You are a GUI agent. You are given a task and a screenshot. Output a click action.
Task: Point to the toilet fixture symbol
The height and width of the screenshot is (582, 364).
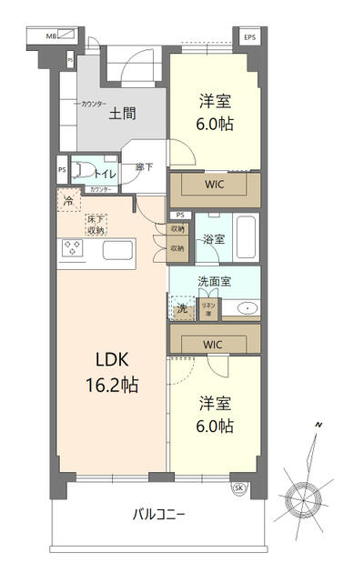(x=81, y=169)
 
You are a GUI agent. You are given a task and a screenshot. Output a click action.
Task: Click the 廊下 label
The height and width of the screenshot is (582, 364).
(x=144, y=166)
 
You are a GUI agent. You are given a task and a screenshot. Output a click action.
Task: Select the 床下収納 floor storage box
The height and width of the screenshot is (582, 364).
(x=96, y=225)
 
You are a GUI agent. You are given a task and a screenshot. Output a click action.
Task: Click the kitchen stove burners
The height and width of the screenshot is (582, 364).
(x=72, y=247)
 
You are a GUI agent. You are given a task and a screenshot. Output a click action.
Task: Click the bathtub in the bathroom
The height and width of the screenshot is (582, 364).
(x=246, y=237)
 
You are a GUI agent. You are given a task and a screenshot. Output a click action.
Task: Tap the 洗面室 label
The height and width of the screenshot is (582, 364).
(x=214, y=281)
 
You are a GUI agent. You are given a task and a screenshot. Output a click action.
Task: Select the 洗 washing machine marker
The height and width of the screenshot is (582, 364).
(x=182, y=308)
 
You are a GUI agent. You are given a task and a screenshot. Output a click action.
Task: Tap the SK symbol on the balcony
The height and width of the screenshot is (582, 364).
(x=239, y=487)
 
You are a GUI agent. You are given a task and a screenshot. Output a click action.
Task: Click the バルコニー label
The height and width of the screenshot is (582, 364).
(x=158, y=515)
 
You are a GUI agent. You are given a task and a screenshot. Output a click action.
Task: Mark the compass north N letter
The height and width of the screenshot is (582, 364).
(x=318, y=425)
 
